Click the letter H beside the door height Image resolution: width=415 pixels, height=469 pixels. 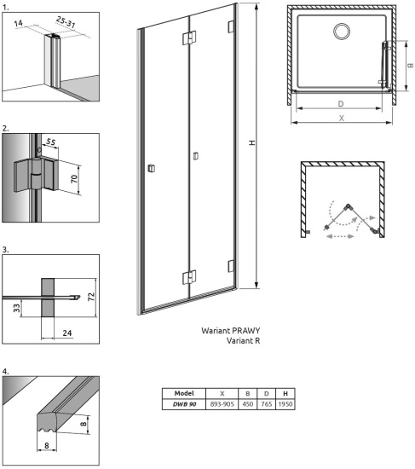251,143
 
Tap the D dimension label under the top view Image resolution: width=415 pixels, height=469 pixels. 341,104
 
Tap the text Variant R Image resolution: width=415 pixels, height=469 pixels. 243,340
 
